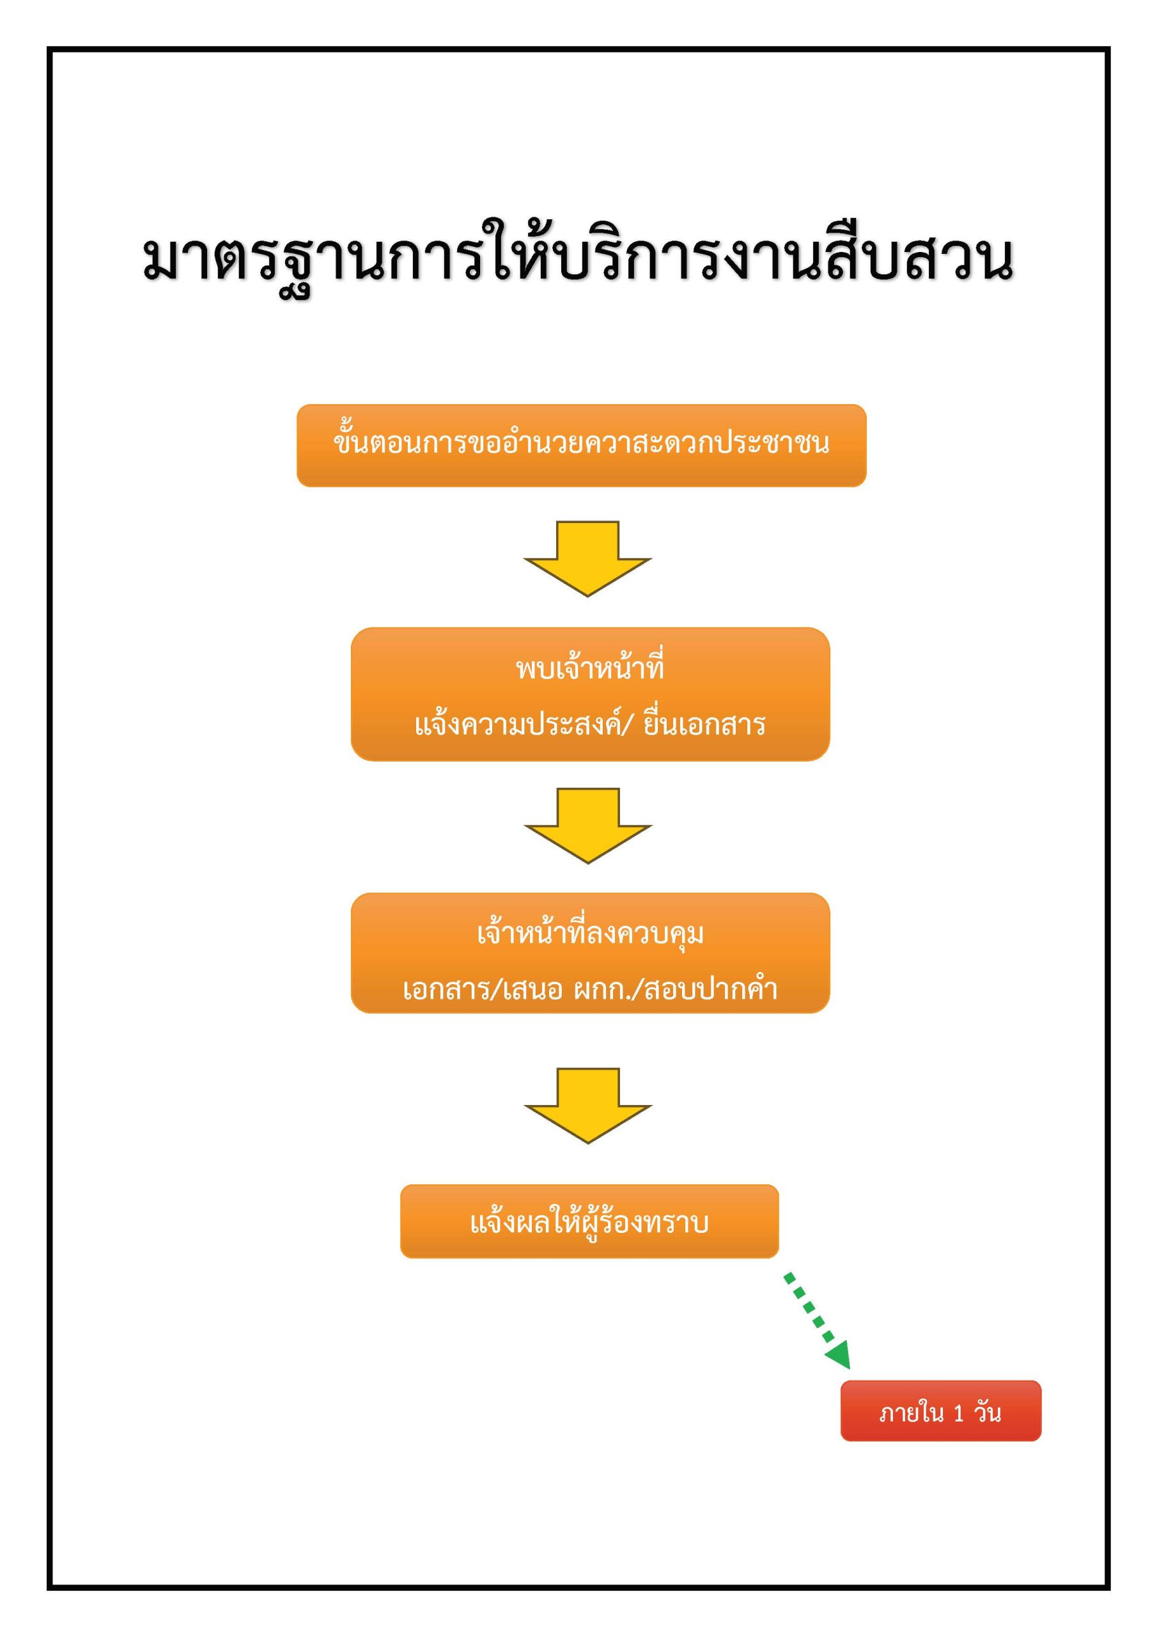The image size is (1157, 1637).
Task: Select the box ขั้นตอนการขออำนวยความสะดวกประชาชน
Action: tap(581, 445)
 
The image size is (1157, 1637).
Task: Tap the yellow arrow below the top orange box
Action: tap(587, 558)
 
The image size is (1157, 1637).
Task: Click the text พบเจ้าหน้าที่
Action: tap(589, 668)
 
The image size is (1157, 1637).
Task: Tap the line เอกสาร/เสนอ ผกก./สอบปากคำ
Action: tap(589, 989)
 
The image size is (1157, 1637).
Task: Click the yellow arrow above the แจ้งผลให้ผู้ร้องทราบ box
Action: tap(587, 1104)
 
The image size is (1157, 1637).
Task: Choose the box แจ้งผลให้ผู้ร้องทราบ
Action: tap(589, 1222)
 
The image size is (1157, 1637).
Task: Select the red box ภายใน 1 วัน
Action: tap(940, 1411)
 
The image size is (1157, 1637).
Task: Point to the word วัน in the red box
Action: tap(988, 1412)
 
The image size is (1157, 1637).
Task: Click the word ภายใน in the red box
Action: tap(911, 1413)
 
